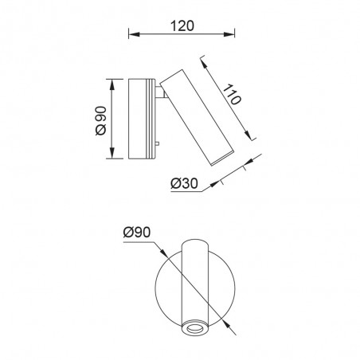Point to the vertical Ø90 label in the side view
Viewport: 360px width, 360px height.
(x=100, y=119)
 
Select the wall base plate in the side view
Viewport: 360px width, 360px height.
(x=142, y=119)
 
